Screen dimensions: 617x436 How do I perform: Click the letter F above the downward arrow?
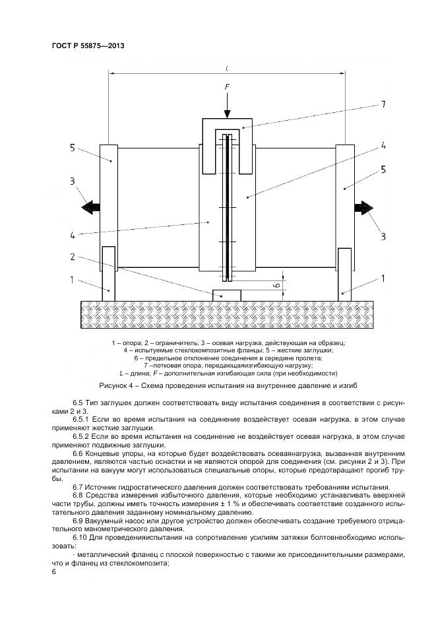(226, 86)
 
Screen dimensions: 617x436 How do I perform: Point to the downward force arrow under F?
(226, 104)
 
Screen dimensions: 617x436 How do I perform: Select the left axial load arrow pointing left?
(90, 207)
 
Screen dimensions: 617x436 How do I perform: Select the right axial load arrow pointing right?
(363, 207)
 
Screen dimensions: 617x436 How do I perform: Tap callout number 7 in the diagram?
(383, 104)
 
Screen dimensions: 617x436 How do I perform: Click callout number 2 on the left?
(74, 256)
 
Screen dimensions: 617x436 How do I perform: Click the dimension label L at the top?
(226, 67)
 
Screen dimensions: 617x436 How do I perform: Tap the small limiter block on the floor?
(226, 295)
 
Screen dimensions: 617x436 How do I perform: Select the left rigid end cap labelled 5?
(108, 195)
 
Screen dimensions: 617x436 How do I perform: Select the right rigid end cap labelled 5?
(345, 195)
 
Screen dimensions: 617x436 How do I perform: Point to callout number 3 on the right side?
(383, 236)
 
